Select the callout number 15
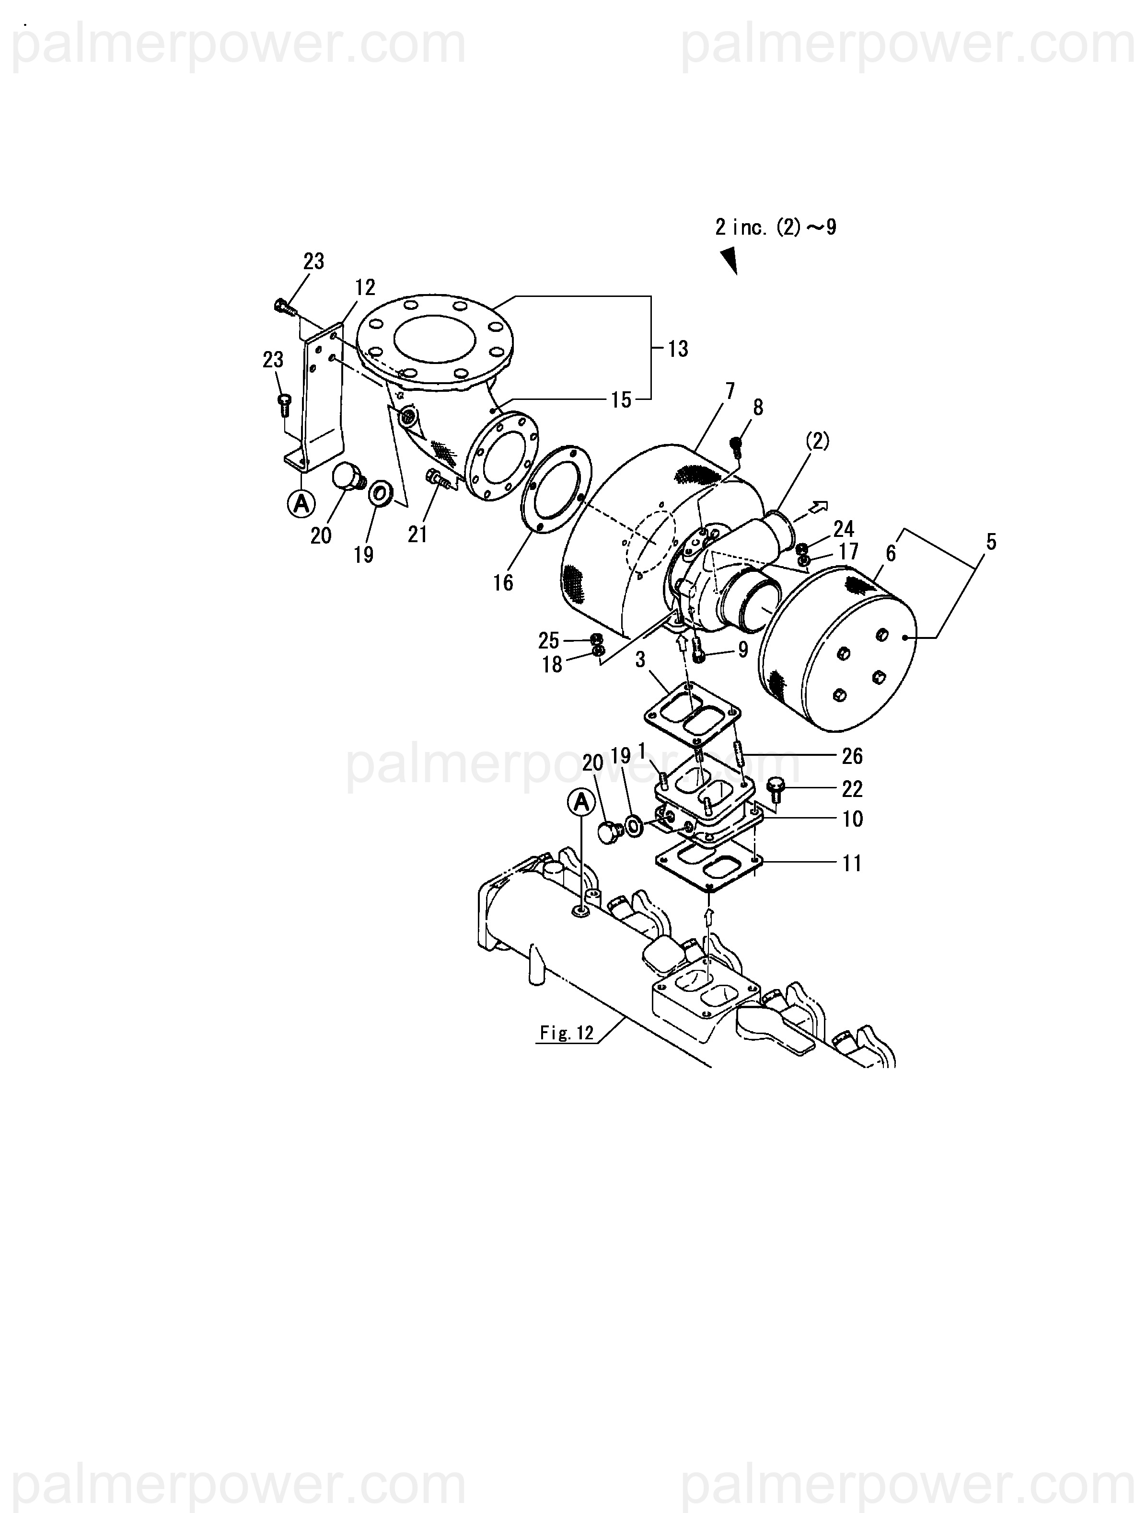(x=621, y=400)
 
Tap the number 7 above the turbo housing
(x=730, y=391)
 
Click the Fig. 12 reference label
(x=567, y=1033)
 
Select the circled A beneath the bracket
(x=301, y=504)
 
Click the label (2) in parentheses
(x=816, y=442)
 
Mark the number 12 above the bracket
(x=365, y=288)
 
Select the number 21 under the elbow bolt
(x=417, y=534)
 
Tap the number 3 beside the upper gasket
(x=640, y=660)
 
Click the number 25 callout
(x=548, y=640)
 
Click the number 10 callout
(x=852, y=819)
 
